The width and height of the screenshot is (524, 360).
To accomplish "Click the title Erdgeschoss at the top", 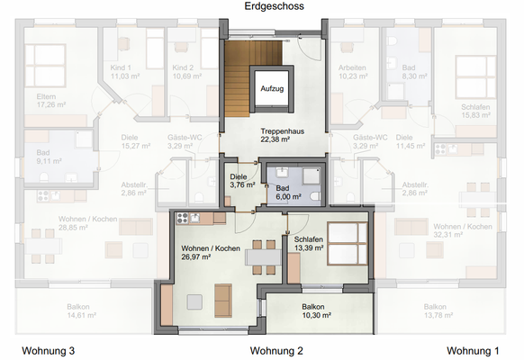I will point(274,6).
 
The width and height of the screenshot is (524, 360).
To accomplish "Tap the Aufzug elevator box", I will point(273,89).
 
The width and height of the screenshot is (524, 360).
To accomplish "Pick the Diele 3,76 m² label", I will point(239,181).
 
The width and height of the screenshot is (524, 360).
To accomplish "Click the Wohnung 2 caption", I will point(276,350).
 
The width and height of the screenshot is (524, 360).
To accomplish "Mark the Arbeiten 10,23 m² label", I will point(351,72).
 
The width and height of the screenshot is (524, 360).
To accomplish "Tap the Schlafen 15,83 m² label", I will point(449,110).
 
